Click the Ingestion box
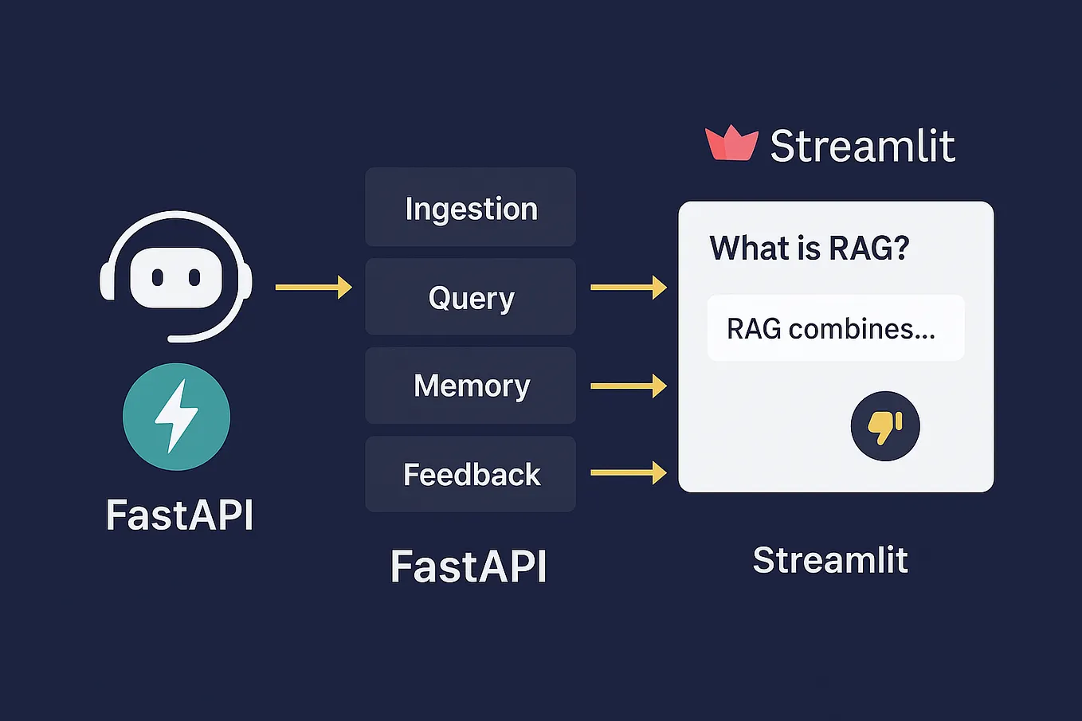470,208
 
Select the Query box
470,297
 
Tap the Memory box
470,386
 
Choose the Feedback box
470,474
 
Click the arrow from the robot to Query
313,287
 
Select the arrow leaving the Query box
628,287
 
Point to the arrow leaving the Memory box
628,386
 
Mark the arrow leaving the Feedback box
628,472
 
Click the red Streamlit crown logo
731,144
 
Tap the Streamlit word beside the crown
862,146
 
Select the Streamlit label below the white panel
830,560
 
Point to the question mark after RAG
901,248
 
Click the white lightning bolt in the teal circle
176,416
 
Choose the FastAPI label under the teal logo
179,515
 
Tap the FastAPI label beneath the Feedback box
468,566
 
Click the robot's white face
176,277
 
